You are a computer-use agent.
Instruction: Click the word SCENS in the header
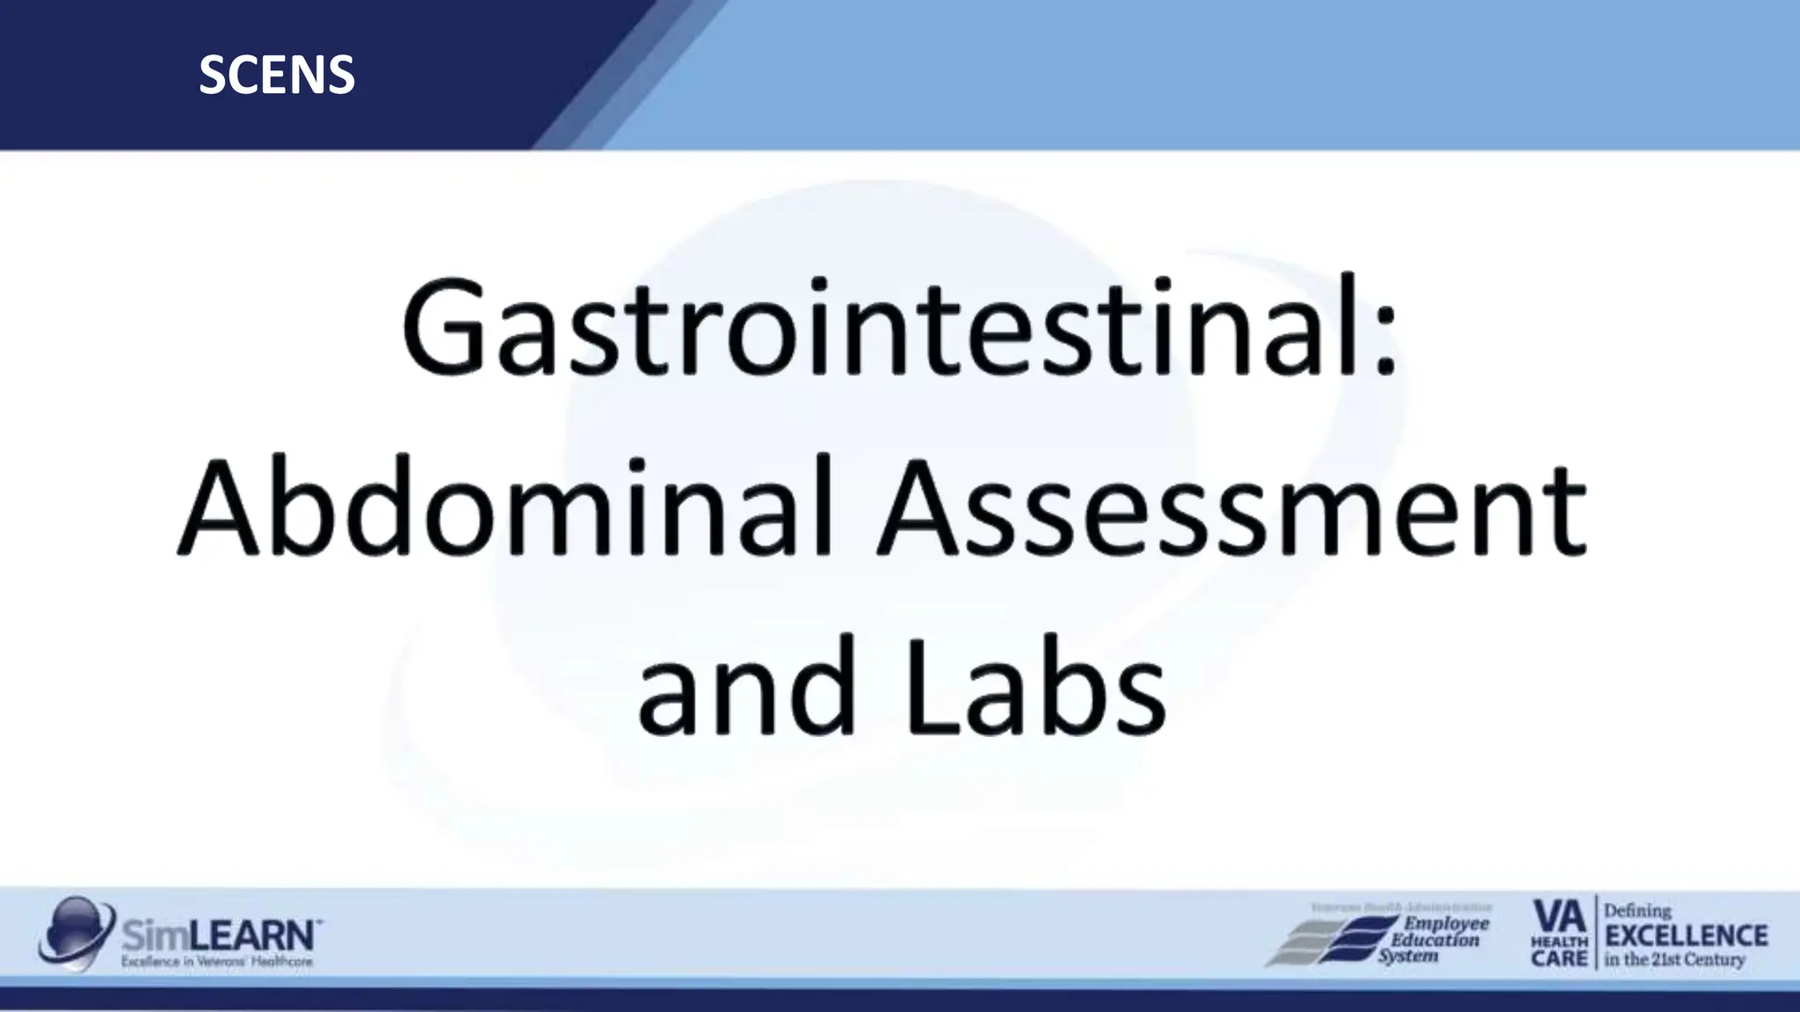click(x=277, y=76)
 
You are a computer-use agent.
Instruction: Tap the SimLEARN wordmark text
click(x=220, y=935)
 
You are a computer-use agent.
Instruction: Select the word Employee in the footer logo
click(x=1447, y=923)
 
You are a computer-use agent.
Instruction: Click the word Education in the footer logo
click(x=1434, y=940)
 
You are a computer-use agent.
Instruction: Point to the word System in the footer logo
click(x=1407, y=956)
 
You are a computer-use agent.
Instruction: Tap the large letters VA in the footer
click(x=1558, y=917)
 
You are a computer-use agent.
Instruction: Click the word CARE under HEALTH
click(x=1559, y=958)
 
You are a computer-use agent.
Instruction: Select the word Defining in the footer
click(x=1637, y=911)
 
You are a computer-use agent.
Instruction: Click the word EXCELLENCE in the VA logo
click(x=1686, y=936)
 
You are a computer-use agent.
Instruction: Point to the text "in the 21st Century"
click(x=1674, y=960)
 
